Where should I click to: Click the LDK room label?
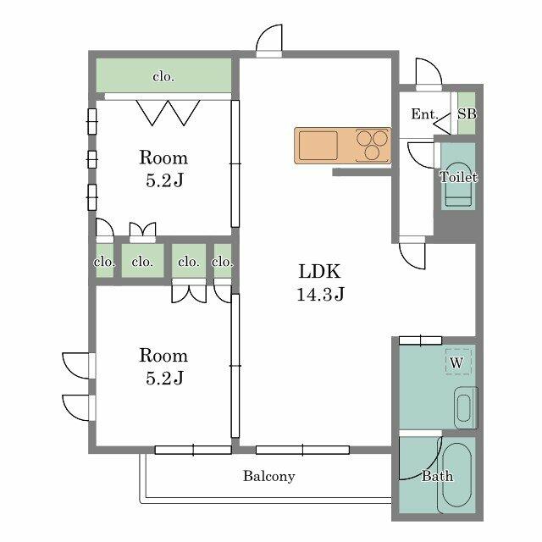coord(320,271)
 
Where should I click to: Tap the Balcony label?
coord(269,476)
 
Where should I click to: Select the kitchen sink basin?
coord(318,145)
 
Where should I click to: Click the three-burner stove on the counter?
coord(373,146)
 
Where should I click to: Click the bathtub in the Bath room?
coord(457,475)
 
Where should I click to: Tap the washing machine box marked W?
coord(458,362)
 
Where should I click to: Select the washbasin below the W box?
coord(464,408)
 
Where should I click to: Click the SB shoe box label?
coord(467,113)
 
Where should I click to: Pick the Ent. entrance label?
coord(424,114)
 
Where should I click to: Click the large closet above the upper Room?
coord(163,75)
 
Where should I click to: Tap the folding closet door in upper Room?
coord(169,113)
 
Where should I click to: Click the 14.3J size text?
coord(320,295)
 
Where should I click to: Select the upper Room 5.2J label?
coord(163,169)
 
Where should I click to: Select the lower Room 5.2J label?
coord(163,367)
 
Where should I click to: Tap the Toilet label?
coord(458,177)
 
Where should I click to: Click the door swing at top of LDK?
coord(269,38)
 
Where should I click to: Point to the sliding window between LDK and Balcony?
coord(302,450)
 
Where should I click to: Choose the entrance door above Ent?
coord(429,73)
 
